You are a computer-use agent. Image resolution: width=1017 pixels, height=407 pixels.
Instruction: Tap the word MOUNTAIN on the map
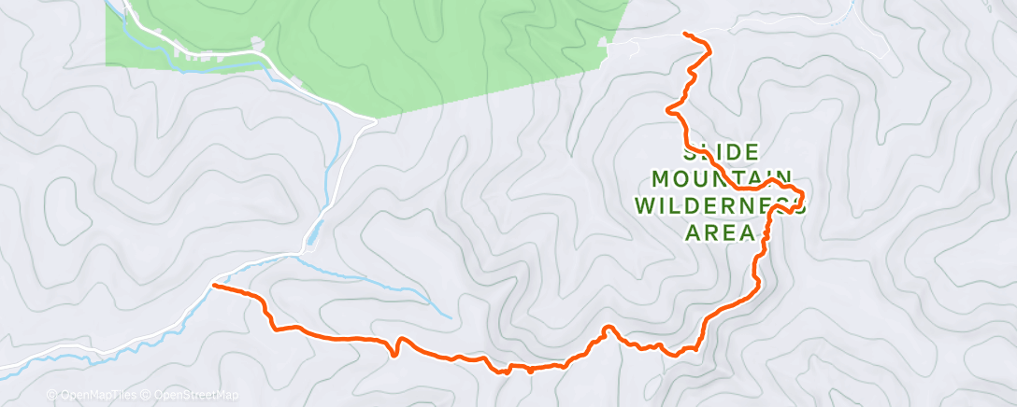pyautogui.click(x=723, y=177)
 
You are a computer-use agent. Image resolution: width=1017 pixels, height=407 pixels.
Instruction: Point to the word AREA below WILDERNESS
pyautogui.click(x=721, y=232)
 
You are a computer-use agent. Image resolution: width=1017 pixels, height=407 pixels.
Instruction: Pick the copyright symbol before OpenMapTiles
pyautogui.click(x=52, y=395)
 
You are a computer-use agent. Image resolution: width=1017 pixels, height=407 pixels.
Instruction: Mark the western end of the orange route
pyautogui.click(x=215, y=285)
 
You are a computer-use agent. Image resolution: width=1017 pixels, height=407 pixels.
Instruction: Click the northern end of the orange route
pyautogui.click(x=686, y=34)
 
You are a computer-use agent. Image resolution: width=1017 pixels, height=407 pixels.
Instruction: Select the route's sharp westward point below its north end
pyautogui.click(x=667, y=110)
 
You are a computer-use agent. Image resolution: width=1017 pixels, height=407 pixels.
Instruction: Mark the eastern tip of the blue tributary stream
pyautogui.click(x=451, y=316)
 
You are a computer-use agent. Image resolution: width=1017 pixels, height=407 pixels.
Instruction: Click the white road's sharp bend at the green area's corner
pyautogui.click(x=374, y=120)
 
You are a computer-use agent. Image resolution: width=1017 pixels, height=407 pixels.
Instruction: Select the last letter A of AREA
pyautogui.click(x=748, y=232)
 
